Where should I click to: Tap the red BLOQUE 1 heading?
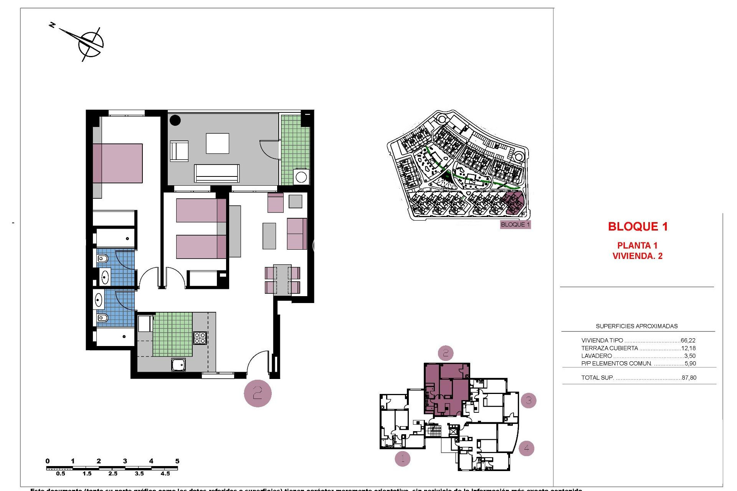(x=638, y=227)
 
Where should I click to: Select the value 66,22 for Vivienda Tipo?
(x=688, y=340)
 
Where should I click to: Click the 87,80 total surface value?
(x=689, y=377)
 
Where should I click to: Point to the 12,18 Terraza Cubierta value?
(x=688, y=348)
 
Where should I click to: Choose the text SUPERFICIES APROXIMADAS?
(x=636, y=326)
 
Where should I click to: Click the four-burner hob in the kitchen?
(x=200, y=338)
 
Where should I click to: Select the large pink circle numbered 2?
(x=258, y=393)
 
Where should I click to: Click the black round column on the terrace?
(x=175, y=120)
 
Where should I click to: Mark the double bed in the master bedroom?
(x=117, y=163)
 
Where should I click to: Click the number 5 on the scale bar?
(x=177, y=461)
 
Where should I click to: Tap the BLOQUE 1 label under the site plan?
(x=515, y=224)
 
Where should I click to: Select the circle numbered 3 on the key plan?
(x=529, y=400)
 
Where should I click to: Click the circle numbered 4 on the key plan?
(x=526, y=448)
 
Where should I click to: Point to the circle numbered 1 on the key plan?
(x=402, y=458)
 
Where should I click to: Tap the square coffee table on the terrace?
(x=218, y=143)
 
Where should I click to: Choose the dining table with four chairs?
(x=282, y=280)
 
